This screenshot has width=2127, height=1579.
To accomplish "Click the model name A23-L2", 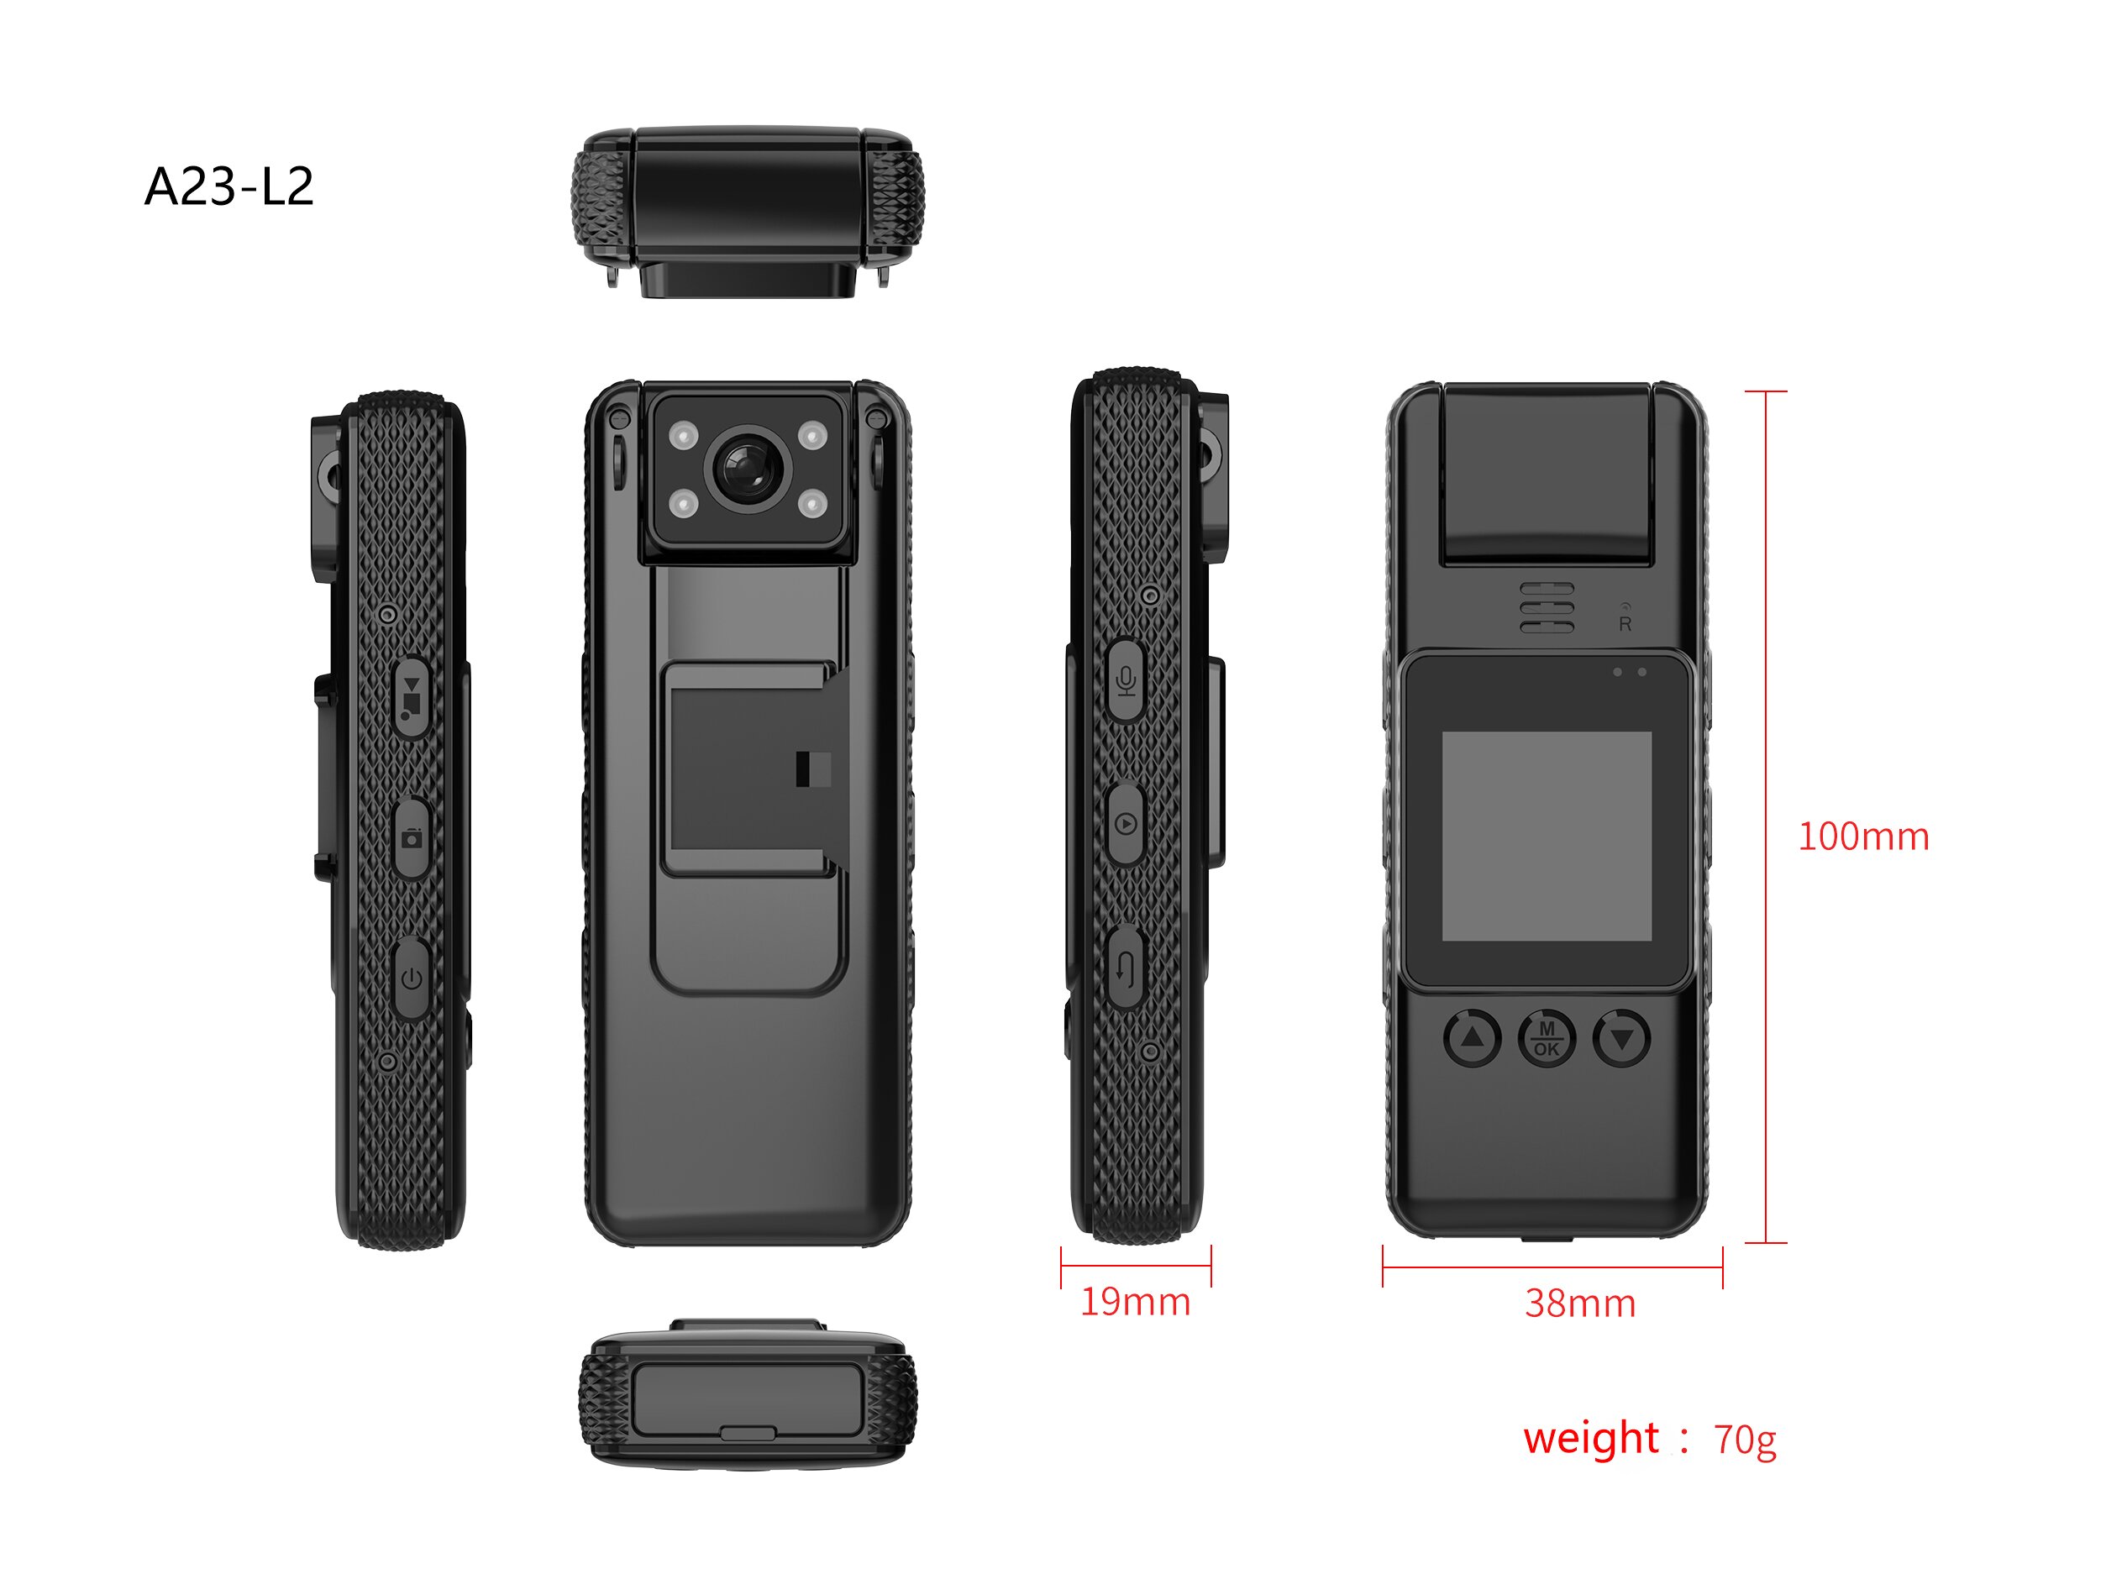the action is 228,186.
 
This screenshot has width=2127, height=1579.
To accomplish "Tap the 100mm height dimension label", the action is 1863,837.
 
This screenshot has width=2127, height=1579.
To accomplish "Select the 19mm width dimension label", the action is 1135,1302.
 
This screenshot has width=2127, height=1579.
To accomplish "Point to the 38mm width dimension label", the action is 1580,1304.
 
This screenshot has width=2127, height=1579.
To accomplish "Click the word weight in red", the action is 1591,1439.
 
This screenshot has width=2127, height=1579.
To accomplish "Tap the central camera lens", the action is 748,469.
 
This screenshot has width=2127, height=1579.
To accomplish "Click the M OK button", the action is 1547,1038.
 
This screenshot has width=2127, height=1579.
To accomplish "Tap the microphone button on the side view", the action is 1127,680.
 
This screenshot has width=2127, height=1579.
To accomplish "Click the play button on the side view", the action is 1127,824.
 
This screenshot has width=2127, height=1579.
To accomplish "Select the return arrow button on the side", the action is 1127,968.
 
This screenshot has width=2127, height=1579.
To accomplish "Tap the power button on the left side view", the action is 412,978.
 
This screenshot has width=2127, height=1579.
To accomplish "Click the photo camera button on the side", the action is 412,838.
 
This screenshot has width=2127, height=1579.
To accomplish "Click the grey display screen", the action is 1547,837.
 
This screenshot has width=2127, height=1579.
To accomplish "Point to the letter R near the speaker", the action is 1625,624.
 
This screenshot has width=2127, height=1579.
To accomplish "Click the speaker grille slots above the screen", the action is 1547,608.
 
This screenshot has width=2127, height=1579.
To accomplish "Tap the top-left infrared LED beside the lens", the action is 685,437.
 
